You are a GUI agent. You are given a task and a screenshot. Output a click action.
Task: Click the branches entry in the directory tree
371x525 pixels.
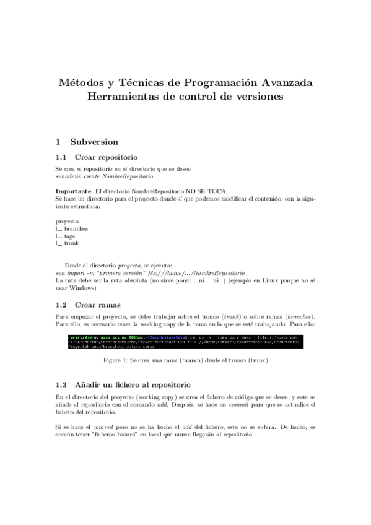click(76, 228)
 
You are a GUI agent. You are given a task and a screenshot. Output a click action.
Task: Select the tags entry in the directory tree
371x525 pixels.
click(70, 236)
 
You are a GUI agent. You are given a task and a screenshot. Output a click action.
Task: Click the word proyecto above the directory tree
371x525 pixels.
click(67, 221)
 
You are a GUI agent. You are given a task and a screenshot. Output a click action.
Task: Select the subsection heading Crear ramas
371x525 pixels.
click(97, 305)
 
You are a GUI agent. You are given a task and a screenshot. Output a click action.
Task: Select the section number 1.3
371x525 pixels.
click(61, 384)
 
